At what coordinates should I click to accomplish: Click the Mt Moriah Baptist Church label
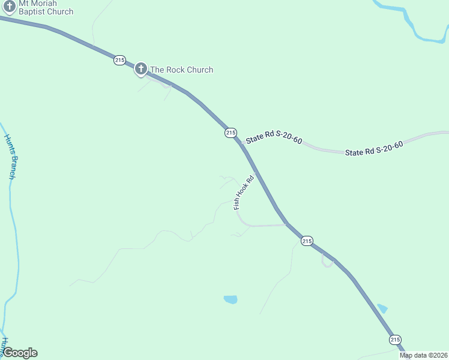coord(46,8)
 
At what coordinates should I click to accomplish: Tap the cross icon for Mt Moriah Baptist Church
coord(9,5)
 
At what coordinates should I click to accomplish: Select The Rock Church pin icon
coord(141,68)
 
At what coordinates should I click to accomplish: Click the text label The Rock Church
coord(181,70)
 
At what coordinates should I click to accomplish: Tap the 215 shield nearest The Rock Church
coord(119,60)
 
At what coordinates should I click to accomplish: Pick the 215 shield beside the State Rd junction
coord(231,133)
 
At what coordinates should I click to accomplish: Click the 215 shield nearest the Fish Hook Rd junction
coord(307,241)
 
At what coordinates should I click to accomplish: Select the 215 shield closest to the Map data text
coord(395,340)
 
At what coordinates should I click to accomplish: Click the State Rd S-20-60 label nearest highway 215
coord(274,138)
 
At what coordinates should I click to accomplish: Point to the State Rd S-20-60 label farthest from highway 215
coord(373,148)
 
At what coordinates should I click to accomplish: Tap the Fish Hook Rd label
coord(244,192)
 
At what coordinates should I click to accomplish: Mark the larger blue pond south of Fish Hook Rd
coord(231,299)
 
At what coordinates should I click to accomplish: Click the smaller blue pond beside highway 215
coord(382,309)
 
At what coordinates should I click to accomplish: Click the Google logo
coord(20,353)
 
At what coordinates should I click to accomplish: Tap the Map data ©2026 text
coord(423,355)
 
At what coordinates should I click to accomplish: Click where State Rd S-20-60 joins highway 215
coord(243,144)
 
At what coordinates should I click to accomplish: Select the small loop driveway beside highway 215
coord(327,261)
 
